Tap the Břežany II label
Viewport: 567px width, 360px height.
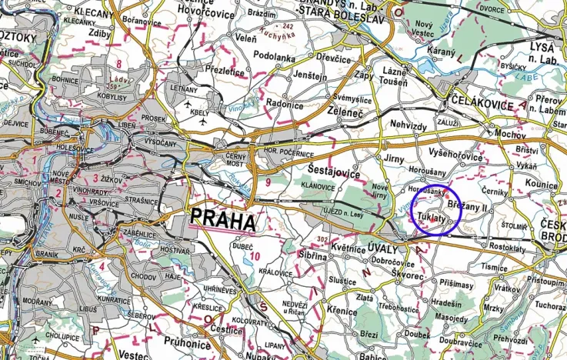pyautogui.click(x=470, y=207)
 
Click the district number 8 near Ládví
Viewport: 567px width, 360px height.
pyautogui.click(x=119, y=64)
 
